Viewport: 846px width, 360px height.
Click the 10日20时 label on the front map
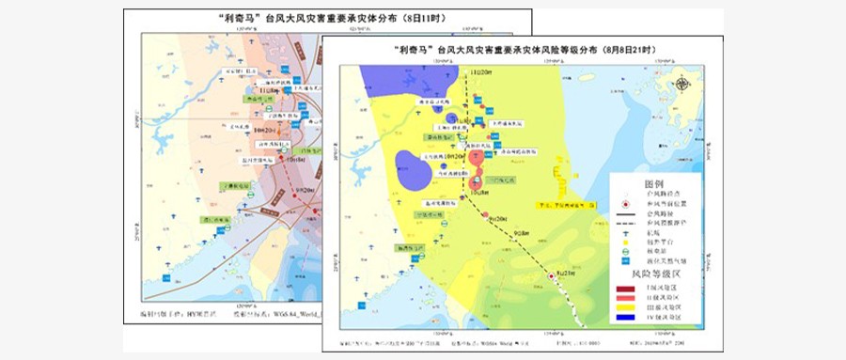[443, 157]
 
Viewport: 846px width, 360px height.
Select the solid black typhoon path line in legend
[628, 214]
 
